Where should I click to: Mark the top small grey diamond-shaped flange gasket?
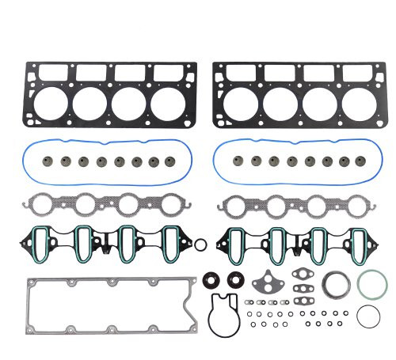pos(303,276)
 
